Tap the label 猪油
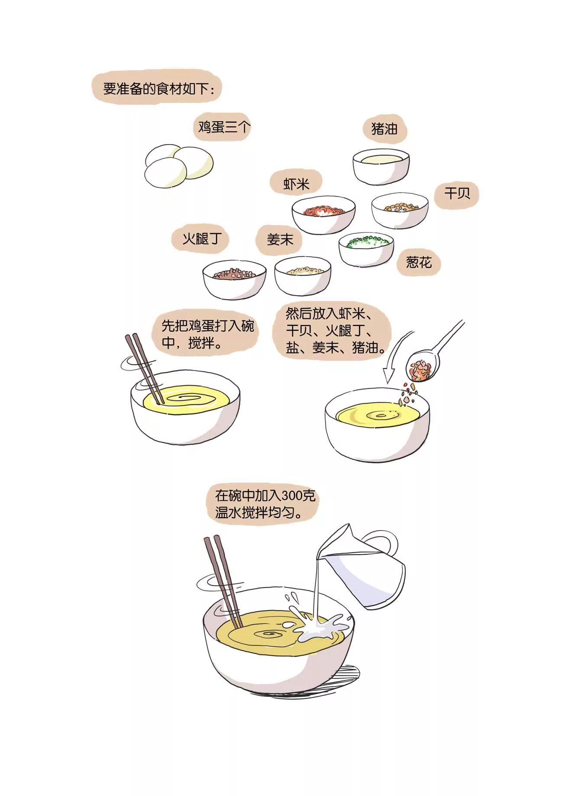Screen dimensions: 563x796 click(384, 129)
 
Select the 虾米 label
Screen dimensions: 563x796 click(296, 184)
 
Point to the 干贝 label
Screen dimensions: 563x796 click(457, 193)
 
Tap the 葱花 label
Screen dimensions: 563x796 click(418, 262)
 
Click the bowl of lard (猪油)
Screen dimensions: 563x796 click(381, 166)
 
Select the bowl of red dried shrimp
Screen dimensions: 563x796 click(323, 215)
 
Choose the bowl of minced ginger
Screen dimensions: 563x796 click(303, 276)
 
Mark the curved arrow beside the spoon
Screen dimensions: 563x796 click(393, 359)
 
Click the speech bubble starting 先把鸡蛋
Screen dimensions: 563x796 click(204, 334)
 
